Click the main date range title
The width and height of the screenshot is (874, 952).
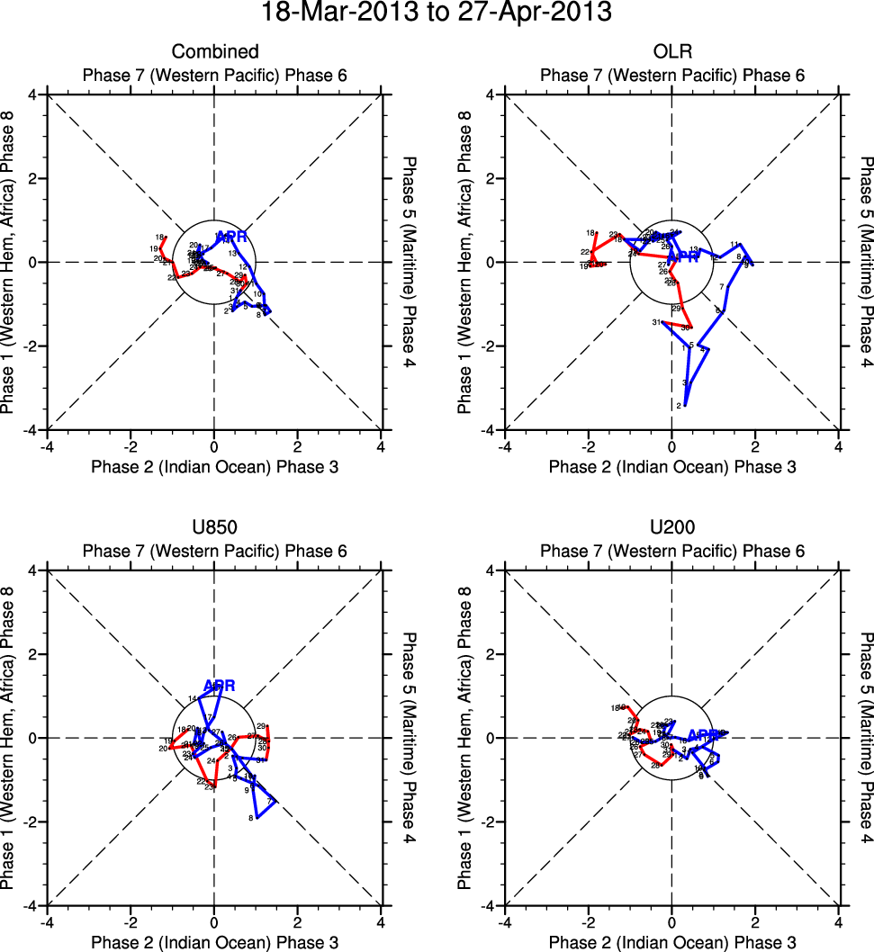pyautogui.click(x=437, y=14)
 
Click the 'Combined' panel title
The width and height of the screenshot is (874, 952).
pyautogui.click(x=214, y=52)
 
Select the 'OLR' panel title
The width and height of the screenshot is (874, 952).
pyautogui.click(x=671, y=52)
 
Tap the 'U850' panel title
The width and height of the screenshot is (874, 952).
pyautogui.click(x=214, y=528)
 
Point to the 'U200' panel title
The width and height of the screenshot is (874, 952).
pyautogui.click(x=671, y=528)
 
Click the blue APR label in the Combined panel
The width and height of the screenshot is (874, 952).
pyautogui.click(x=231, y=238)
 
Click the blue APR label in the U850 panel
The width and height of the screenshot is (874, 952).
pyautogui.click(x=219, y=686)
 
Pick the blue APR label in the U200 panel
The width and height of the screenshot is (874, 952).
pyautogui.click(x=704, y=735)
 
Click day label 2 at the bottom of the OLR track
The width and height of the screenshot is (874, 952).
pyautogui.click(x=678, y=407)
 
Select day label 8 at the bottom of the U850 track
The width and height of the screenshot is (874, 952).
pyautogui.click(x=250, y=818)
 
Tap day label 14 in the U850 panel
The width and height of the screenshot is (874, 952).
pyautogui.click(x=192, y=698)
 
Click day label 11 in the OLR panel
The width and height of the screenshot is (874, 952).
pyautogui.click(x=734, y=244)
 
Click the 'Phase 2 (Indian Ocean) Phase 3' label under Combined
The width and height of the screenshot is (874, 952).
pyautogui.click(x=214, y=466)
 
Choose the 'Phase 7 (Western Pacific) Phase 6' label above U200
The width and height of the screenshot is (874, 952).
pyautogui.click(x=671, y=551)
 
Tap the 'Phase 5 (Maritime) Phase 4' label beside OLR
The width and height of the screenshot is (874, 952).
pyautogui.click(x=865, y=262)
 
